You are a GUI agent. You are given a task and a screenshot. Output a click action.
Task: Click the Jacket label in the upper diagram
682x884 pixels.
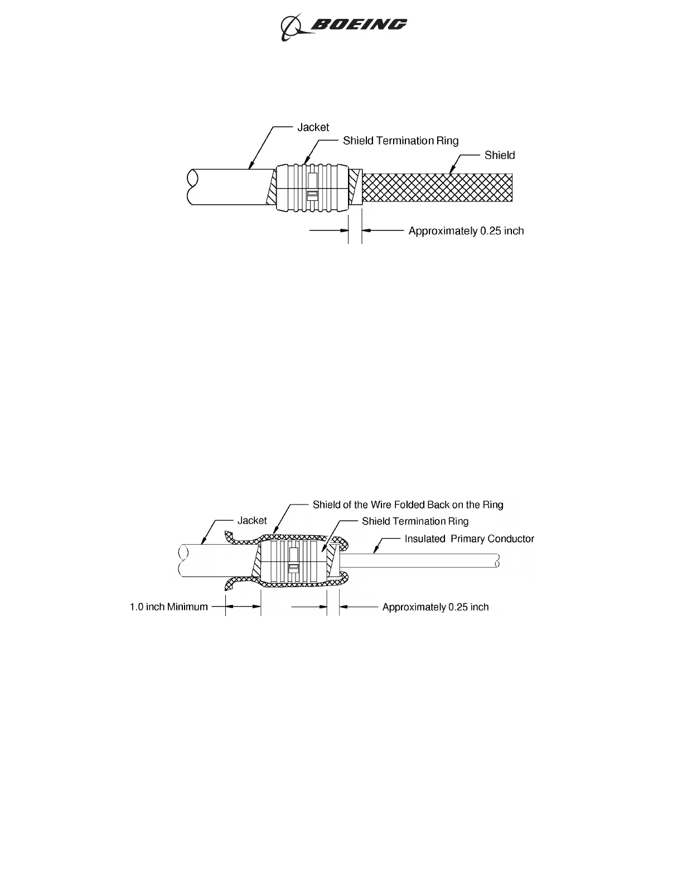coord(313,127)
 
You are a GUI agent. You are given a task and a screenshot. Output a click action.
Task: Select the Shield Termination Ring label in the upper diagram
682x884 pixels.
coord(400,141)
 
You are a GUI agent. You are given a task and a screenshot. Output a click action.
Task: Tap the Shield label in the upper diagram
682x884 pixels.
coord(499,155)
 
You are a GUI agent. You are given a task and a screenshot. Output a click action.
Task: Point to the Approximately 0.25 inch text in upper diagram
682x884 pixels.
coord(466,231)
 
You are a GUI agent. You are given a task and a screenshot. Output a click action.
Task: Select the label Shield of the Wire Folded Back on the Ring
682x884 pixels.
coord(408,505)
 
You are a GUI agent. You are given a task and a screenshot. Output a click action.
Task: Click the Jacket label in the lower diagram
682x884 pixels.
coord(252,521)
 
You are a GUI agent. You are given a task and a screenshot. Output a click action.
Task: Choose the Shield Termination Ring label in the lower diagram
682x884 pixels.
coord(415,521)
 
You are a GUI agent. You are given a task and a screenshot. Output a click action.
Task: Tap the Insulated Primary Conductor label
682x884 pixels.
coord(469,539)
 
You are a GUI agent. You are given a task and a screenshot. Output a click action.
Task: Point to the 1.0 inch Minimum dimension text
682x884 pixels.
coord(168,607)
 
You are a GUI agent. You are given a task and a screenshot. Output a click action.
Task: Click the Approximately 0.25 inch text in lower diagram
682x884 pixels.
coord(435,607)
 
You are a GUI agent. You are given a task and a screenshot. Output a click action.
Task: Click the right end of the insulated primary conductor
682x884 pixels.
coord(497,561)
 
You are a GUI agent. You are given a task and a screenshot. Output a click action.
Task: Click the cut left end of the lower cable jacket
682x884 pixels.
coord(182,561)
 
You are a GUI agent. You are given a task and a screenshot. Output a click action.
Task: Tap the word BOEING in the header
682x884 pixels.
coord(359,25)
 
